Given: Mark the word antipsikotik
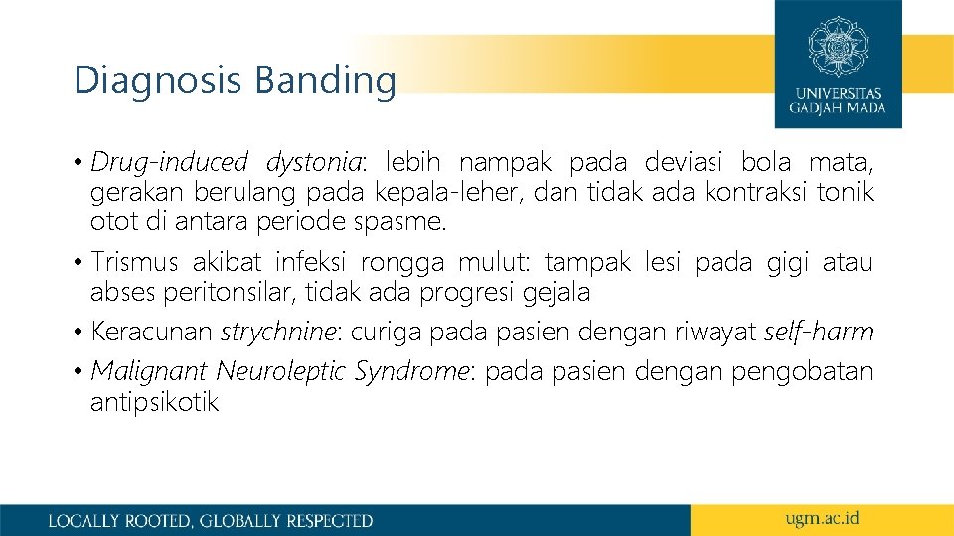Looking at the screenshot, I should click(x=154, y=402).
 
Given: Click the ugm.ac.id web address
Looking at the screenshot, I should click(x=821, y=518).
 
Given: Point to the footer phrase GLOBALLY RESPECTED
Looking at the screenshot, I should click(x=286, y=520).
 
